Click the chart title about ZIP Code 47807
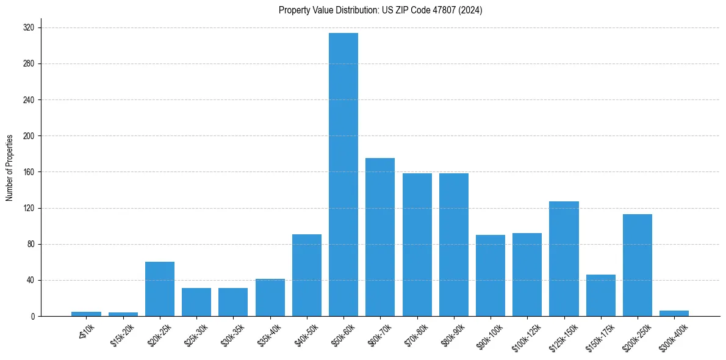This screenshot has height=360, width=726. click(x=380, y=10)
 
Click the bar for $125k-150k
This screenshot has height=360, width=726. click(x=564, y=259)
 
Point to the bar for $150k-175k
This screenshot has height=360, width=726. click(x=601, y=295)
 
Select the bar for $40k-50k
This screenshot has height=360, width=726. click(x=307, y=275)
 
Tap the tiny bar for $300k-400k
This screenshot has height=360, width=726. click(x=674, y=314)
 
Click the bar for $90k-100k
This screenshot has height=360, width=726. click(x=491, y=275)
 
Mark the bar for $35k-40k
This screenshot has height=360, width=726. click(x=270, y=297)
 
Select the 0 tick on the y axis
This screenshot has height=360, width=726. click(x=34, y=316)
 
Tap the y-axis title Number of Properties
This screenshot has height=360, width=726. click(x=10, y=168)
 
